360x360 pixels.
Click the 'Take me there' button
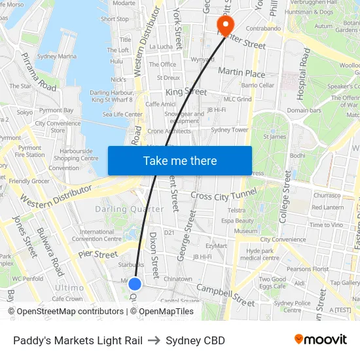[180, 160]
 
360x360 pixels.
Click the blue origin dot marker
[135, 283]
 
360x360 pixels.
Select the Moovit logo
[320, 340]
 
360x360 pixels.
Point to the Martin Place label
[241, 72]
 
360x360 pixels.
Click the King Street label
[186, 93]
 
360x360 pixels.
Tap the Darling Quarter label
[130, 209]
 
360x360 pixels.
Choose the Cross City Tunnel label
[224, 195]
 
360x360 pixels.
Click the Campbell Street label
[225, 295]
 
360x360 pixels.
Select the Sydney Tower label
[229, 130]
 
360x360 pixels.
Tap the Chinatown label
[177, 279]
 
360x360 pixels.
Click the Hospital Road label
[303, 73]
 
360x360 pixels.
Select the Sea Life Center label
[122, 115]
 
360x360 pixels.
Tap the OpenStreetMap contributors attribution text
[55, 312]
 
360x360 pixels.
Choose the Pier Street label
[98, 253]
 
